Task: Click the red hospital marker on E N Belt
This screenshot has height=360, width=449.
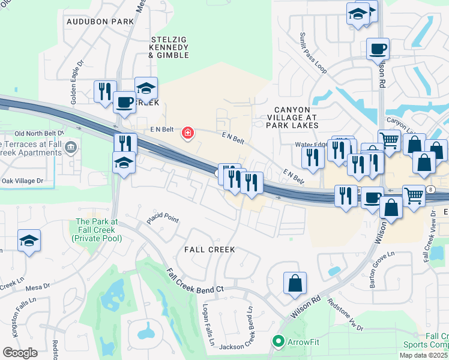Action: coord(188,133)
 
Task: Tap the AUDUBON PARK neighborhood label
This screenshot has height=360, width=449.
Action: coord(101,22)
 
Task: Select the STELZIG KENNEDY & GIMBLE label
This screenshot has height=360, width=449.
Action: coord(169,47)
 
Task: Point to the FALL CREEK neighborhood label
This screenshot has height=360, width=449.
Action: coord(209,249)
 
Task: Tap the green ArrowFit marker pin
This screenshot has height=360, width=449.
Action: coord(277,341)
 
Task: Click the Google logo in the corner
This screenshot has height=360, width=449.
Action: coord(20,353)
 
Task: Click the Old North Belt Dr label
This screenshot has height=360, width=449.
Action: coord(40,133)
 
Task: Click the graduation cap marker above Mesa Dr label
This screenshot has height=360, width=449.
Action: coord(29,241)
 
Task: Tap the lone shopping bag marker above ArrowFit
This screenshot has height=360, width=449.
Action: coord(295,283)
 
